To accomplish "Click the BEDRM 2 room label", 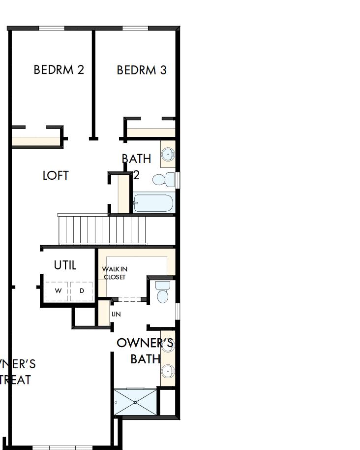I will point(59,70).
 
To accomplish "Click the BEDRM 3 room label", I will point(142,70).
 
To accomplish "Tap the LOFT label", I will point(56,176).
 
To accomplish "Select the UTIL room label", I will point(65,265).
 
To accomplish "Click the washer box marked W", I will point(58,291).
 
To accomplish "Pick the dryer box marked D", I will point(82,291).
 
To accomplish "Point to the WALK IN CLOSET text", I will point(114,273).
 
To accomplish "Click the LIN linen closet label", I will point(116,314).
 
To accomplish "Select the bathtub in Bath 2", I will point(153,203).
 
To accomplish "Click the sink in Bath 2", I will point(168,154).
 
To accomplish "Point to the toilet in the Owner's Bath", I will point(162,292).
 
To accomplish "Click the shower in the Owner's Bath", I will point(135,402).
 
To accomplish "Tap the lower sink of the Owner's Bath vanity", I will point(168,370).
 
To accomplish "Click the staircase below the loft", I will point(102,230).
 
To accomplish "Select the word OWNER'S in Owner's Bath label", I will point(145,343).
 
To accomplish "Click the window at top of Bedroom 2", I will point(52,28).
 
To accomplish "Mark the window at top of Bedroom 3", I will point(135,28).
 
